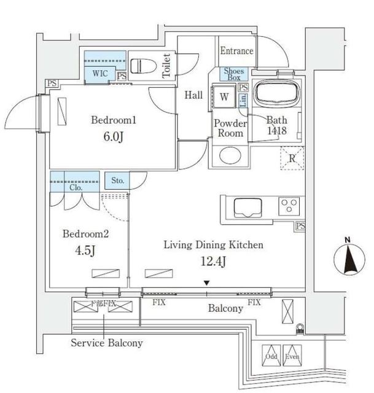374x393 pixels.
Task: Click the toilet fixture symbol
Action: pyautogui.click(x=142, y=66)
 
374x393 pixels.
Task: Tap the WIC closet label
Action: pyautogui.click(x=99, y=74)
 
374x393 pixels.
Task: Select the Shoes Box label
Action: pyautogui.click(x=234, y=74)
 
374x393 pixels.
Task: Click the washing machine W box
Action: pyautogui.click(x=224, y=96)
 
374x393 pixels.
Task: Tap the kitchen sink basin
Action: pyautogui.click(x=249, y=207)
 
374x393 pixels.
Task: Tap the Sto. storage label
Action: pyautogui.click(x=118, y=181)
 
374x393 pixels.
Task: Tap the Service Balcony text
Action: pyautogui.click(x=107, y=343)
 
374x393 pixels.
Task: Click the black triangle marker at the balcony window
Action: pyautogui.click(x=207, y=283)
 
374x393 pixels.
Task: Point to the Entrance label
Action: pyautogui.click(x=235, y=51)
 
